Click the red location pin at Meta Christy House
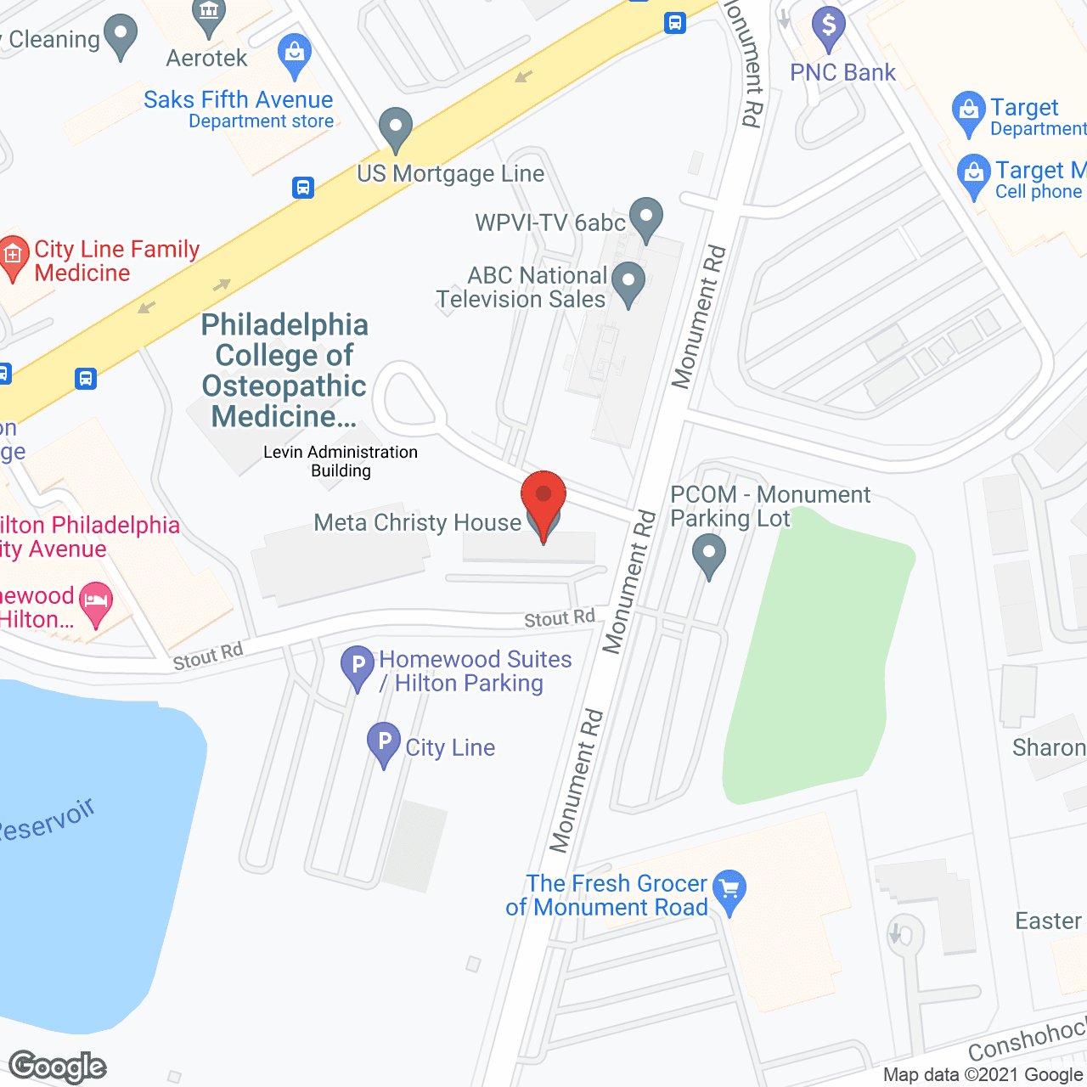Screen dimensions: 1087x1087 click(x=543, y=497)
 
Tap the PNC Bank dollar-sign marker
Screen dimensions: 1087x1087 click(x=828, y=27)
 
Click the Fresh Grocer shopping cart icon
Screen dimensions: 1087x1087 click(x=729, y=889)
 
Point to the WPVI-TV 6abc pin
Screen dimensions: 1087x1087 click(x=646, y=217)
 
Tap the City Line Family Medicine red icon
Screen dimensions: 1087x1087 click(x=13, y=256)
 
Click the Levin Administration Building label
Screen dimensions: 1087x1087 click(x=341, y=461)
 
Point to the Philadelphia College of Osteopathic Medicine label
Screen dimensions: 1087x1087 click(x=284, y=370)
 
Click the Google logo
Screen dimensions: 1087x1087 click(x=58, y=1067)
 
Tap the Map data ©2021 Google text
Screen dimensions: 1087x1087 click(x=983, y=1075)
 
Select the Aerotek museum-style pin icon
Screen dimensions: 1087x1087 click(x=208, y=15)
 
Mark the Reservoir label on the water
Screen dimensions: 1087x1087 click(x=47, y=820)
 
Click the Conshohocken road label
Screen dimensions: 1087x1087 click(x=1028, y=1039)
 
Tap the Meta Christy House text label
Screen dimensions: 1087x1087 click(x=417, y=522)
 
